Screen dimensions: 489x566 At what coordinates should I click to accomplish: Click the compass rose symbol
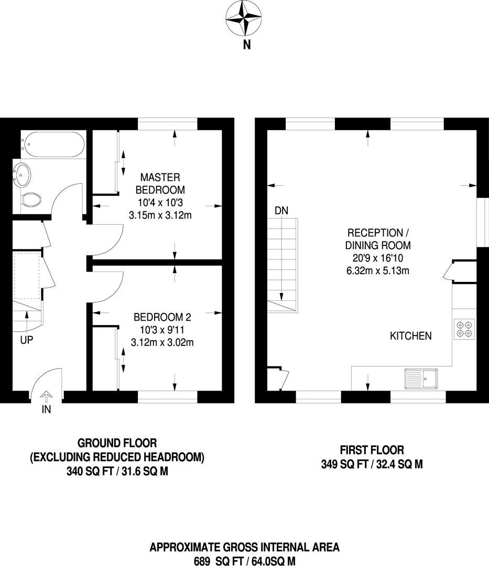[x=243, y=18]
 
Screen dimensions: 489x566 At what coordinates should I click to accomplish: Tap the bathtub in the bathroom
[x=53, y=145]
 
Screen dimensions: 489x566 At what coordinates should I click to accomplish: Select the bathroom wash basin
[x=21, y=175]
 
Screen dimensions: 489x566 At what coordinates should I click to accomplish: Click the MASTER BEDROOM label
[x=160, y=183]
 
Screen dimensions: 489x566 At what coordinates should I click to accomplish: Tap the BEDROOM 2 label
[x=162, y=317]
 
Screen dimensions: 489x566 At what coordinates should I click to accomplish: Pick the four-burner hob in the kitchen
[x=464, y=329]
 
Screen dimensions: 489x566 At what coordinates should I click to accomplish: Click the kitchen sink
[x=421, y=379]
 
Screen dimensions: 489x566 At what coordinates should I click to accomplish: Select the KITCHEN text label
[x=411, y=336]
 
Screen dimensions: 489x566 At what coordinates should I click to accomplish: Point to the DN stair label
[x=281, y=211]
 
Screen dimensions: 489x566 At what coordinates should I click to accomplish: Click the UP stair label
[x=27, y=340]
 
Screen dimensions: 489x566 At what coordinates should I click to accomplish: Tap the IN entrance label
[x=47, y=409]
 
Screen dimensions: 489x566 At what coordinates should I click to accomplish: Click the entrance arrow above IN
[x=47, y=396]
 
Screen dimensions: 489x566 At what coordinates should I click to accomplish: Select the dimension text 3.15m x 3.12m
[x=160, y=215]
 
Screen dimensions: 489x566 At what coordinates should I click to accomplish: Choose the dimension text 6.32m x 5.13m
[x=378, y=270]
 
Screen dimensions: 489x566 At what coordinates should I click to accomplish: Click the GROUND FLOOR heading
[x=117, y=442]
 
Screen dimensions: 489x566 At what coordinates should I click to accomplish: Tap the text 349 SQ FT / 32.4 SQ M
[x=372, y=464]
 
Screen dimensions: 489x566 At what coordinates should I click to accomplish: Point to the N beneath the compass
[x=247, y=45]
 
